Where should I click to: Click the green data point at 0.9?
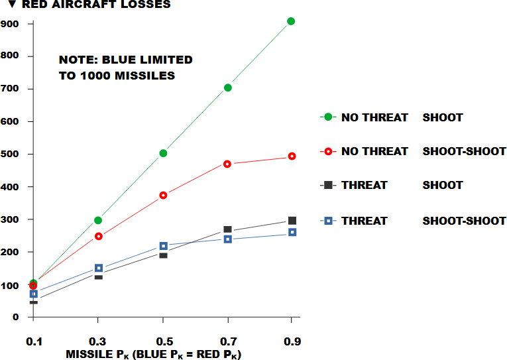coord(291,21)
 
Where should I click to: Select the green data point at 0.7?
coord(227,88)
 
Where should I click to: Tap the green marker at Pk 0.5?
coord(163,153)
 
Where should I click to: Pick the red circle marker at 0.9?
coord(291,156)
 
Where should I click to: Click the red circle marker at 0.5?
coord(163,195)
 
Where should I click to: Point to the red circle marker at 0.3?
coord(99,236)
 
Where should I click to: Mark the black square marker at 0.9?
coord(292,220)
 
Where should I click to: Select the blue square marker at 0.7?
coord(228,239)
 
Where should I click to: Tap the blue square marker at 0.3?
coord(99,269)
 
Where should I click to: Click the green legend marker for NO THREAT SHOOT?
coord(327,117)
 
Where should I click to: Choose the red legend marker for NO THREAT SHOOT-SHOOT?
coord(327,151)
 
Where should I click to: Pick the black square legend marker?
coord(327,185)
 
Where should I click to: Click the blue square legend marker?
coord(327,221)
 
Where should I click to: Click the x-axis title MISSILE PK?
coord(153,355)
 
